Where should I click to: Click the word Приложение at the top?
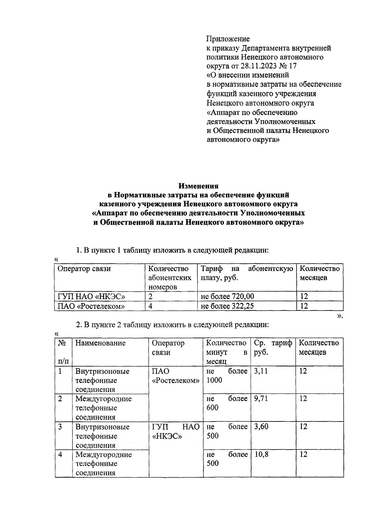tap(228, 39)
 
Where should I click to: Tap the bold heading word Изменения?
tap(198, 186)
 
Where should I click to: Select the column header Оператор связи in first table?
tap(84, 269)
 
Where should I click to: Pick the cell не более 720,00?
tap(225, 296)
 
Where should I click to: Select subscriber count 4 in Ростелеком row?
tap(151, 306)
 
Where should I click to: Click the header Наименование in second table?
tap(100, 343)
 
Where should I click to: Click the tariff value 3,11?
tap(261, 371)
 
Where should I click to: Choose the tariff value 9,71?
tap(261, 399)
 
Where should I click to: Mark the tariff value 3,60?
tap(261, 426)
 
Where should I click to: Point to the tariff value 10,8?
tap(261, 454)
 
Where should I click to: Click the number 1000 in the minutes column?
tap(214, 380)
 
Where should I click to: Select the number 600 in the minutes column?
tap(213, 408)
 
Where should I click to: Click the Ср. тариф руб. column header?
tap(273, 348)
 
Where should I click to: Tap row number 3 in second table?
tap(60, 426)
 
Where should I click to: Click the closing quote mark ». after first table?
tap(340, 316)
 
